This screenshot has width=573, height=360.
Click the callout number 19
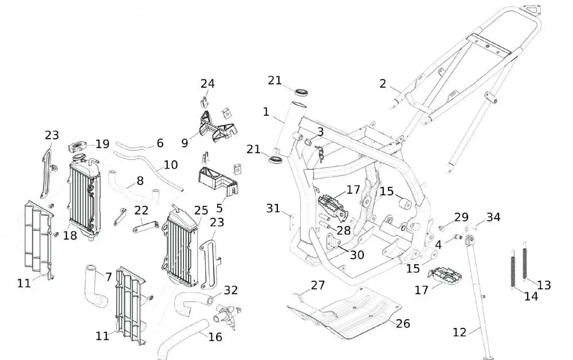pos(103,144)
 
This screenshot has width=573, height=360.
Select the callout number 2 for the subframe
pos(383,84)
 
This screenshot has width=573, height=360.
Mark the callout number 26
pos(403,324)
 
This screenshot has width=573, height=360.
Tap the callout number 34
pos(493,217)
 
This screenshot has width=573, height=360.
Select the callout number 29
pos(461,217)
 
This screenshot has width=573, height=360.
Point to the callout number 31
pos(274,209)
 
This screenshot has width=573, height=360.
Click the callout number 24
pos(207,84)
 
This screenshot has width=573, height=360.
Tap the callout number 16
pos(215,337)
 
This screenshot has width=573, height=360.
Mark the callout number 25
pos(201,210)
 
